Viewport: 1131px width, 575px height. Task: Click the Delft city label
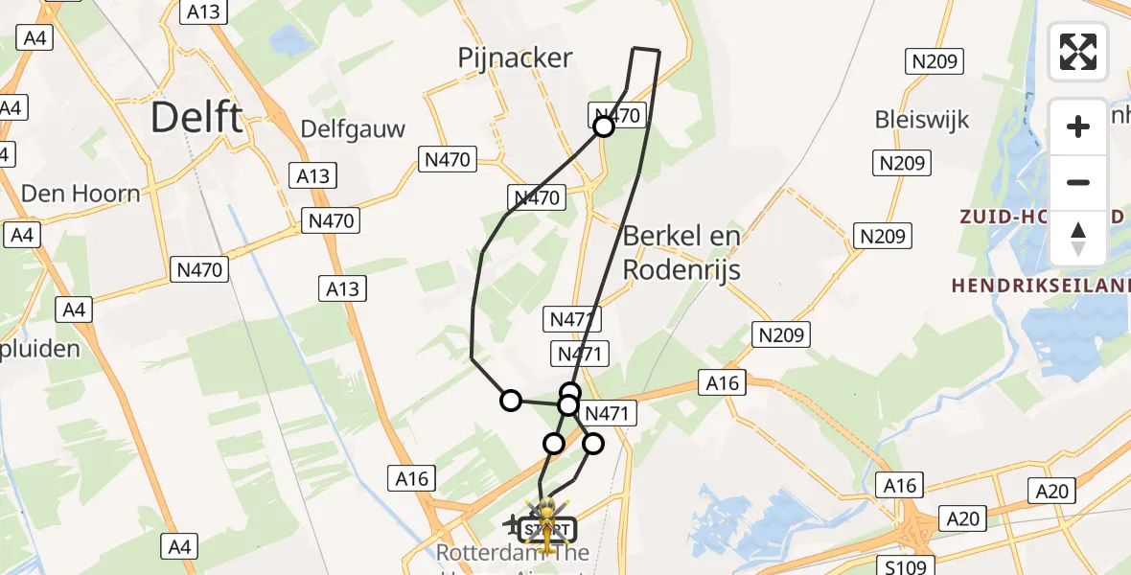(x=197, y=118)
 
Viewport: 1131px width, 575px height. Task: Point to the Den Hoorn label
(x=81, y=194)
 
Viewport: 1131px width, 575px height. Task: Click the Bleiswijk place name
(x=922, y=120)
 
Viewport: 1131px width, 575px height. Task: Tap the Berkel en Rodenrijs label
(x=681, y=252)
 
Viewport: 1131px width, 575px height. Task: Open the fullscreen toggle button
(x=1078, y=52)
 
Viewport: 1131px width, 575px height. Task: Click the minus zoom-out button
(x=1078, y=182)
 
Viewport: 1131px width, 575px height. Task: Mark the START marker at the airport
(x=547, y=529)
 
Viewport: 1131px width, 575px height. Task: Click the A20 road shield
(x=1053, y=492)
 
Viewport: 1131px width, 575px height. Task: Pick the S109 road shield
(x=906, y=566)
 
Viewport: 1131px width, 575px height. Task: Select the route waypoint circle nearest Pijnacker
(x=604, y=126)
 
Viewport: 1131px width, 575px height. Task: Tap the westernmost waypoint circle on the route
(x=511, y=401)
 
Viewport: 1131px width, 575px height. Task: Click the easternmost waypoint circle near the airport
(x=593, y=443)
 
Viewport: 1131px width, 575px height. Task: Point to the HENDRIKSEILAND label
(x=1041, y=285)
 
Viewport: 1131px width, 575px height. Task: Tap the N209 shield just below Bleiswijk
(x=902, y=163)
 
